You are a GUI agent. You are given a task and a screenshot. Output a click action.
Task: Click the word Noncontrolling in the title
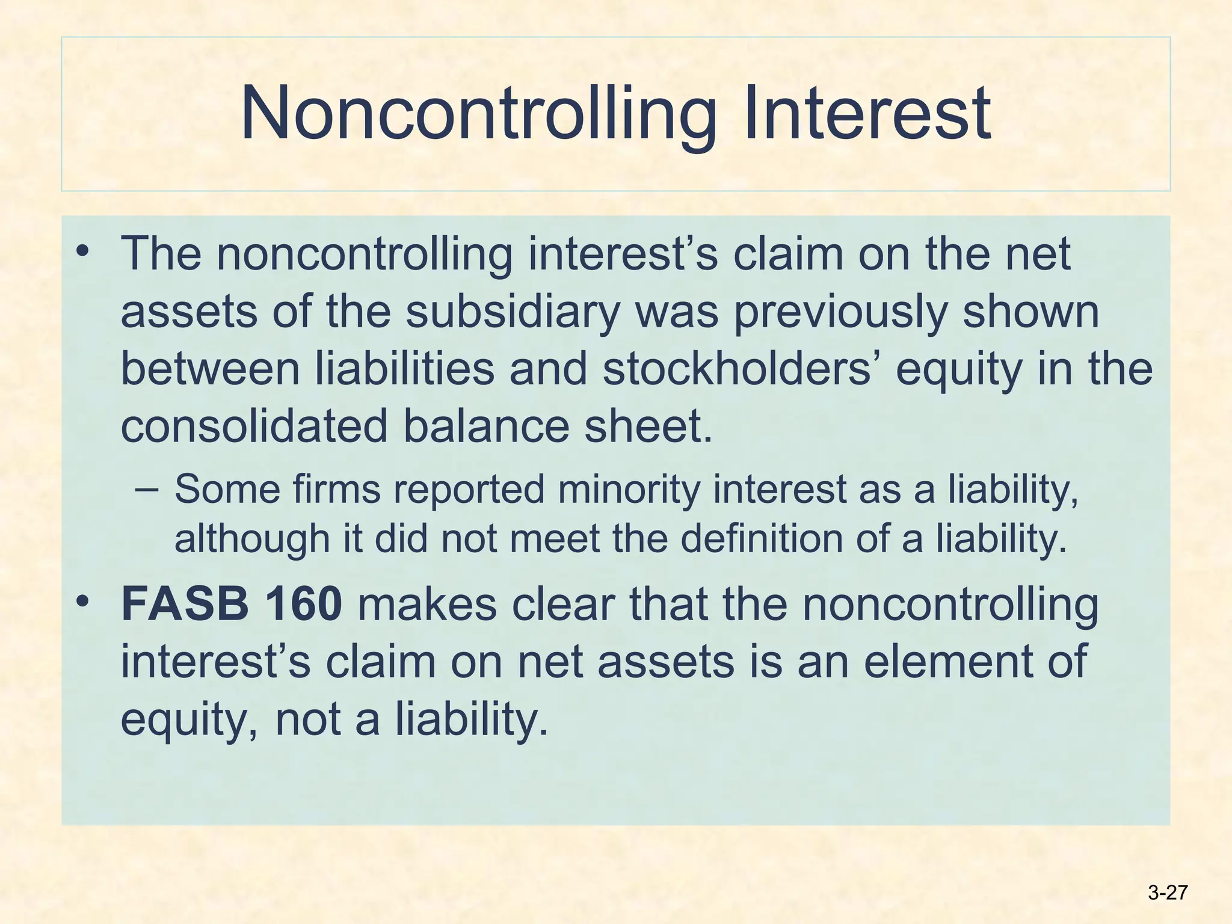(x=478, y=114)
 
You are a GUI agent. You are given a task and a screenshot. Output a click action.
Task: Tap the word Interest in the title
(x=866, y=114)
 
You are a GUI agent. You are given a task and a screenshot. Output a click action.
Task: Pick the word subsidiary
(x=512, y=312)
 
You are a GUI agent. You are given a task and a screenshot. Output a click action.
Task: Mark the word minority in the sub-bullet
(x=629, y=489)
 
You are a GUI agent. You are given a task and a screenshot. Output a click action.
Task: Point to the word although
(x=252, y=538)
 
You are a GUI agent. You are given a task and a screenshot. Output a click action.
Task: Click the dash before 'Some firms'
(x=147, y=489)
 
